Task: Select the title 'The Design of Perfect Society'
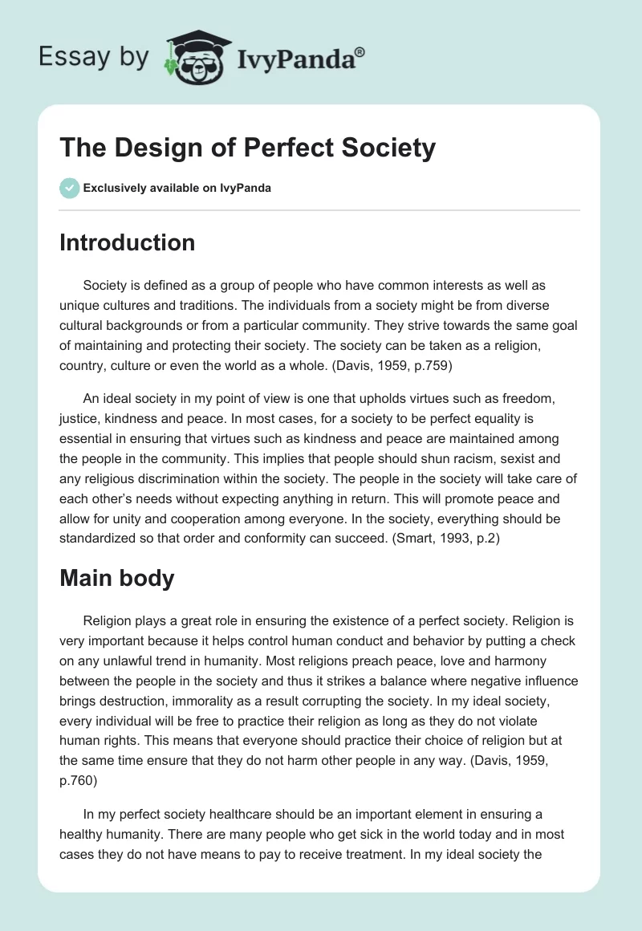[x=248, y=148]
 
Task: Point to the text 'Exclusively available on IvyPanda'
[x=177, y=189]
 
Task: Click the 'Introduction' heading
[x=127, y=242]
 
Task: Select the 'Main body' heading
[x=116, y=578]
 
